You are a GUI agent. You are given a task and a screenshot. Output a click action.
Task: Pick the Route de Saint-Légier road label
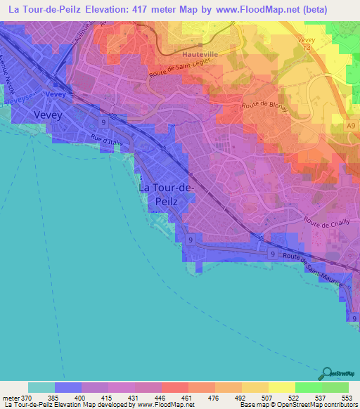coord(176,68)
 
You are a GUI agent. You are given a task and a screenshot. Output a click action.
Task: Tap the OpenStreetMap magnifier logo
coord(326,372)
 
